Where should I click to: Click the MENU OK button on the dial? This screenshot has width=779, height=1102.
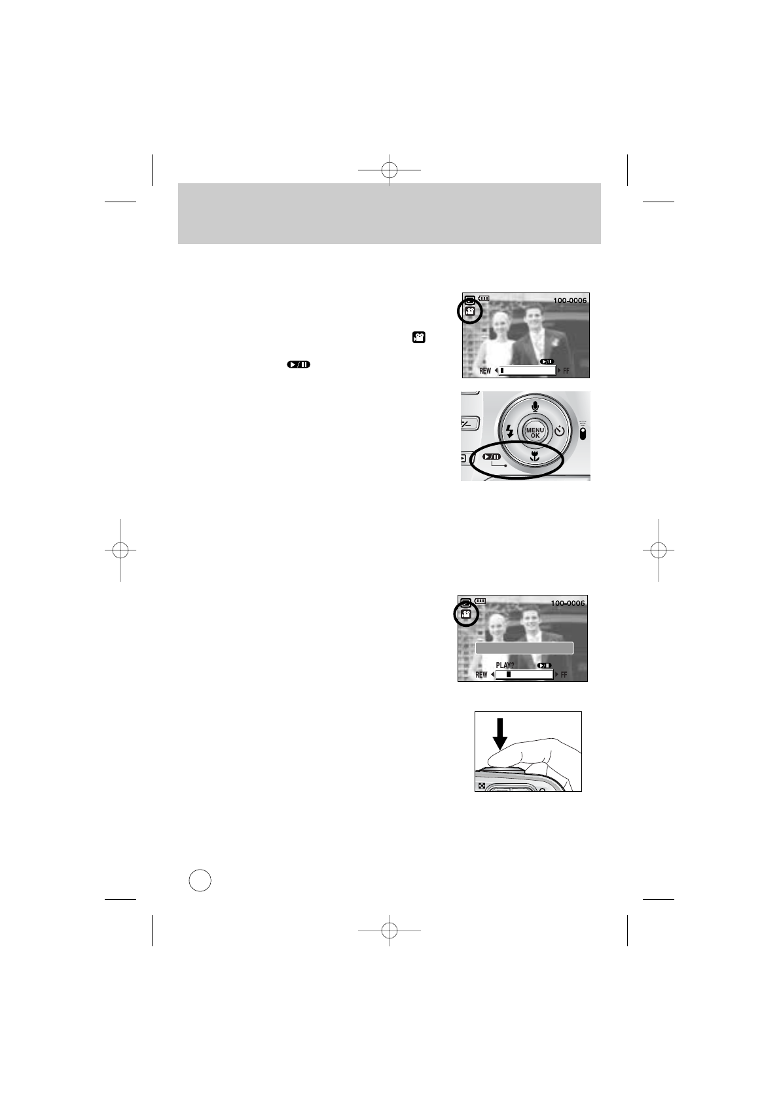[x=535, y=433]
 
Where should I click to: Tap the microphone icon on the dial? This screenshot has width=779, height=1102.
[x=535, y=406]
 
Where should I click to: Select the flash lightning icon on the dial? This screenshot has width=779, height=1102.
[x=510, y=431]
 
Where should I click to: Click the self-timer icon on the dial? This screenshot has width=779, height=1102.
[x=560, y=431]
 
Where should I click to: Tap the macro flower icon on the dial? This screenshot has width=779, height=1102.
[x=535, y=457]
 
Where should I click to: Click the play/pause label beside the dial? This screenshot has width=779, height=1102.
[x=492, y=456]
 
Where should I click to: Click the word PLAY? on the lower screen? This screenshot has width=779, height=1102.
[x=505, y=666]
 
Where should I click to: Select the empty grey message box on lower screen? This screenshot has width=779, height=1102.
[x=524, y=648]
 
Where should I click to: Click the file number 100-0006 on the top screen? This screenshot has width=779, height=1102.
[x=569, y=300]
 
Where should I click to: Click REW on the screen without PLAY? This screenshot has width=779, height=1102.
[x=485, y=370]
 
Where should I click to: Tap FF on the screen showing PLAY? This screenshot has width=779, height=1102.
[x=564, y=675]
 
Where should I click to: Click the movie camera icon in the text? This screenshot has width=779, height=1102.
[x=419, y=338]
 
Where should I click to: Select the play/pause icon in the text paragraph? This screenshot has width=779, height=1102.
[x=298, y=364]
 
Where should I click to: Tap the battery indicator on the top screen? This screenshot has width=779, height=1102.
[x=484, y=299]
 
